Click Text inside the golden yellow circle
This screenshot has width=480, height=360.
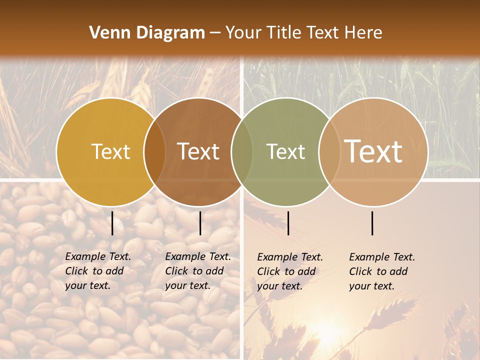click(x=110, y=151)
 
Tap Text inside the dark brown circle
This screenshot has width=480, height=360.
click(x=198, y=151)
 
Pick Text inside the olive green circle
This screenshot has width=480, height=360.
click(x=285, y=151)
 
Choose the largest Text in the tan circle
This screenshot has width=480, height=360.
click(x=373, y=151)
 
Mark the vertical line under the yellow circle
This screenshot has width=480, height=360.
click(x=112, y=223)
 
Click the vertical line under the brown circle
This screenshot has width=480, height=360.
click(x=200, y=223)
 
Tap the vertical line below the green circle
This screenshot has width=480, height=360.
click(x=288, y=223)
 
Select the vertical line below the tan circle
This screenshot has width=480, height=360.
click(x=372, y=223)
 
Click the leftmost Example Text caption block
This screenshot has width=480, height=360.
click(x=98, y=271)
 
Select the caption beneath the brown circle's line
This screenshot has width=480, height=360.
click(x=198, y=271)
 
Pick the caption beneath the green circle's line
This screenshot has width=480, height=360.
click(x=290, y=271)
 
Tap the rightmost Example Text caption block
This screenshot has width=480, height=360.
click(x=382, y=271)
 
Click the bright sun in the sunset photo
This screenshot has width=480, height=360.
click(x=327, y=327)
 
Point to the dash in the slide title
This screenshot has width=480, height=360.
click(x=215, y=33)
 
